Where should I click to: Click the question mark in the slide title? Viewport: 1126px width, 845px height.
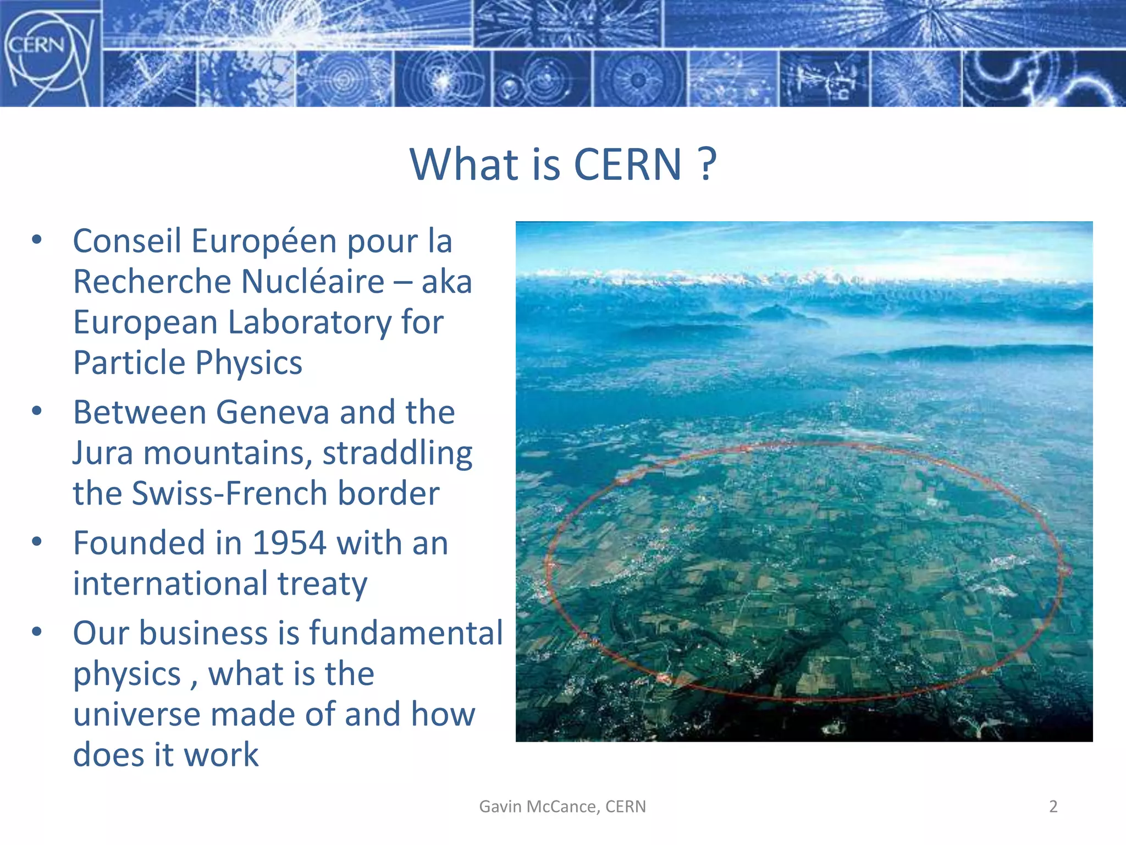708,164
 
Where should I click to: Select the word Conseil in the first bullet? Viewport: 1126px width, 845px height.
127,242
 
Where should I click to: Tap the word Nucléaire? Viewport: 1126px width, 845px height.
312,282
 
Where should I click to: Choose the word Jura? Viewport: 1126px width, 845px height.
103,453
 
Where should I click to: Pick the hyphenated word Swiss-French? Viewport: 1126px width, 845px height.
230,493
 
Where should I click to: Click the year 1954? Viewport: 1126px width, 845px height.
289,544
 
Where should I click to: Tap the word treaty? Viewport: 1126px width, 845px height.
322,584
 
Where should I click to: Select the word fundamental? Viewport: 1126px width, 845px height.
406,633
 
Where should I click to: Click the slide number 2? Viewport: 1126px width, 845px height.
1053,806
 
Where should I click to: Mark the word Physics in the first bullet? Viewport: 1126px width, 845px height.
249,363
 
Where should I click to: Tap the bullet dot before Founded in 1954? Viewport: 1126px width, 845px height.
37,542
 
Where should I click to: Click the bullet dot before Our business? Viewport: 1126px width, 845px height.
37,632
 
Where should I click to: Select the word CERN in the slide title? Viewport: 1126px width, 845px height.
627,164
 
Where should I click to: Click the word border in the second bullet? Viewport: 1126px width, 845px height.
388,493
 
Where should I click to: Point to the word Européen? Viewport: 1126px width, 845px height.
264,242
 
